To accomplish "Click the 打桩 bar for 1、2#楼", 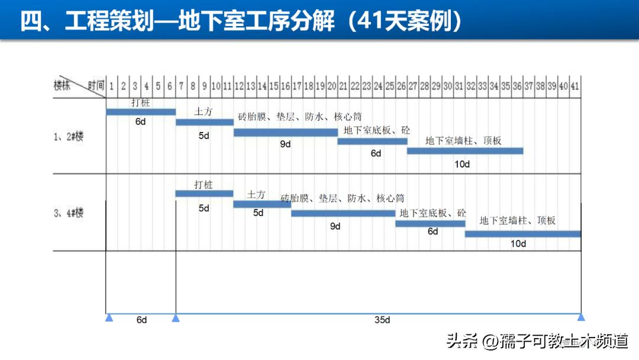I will point(141,112).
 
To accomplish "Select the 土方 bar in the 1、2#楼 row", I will point(205,123).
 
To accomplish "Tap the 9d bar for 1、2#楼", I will point(285,133).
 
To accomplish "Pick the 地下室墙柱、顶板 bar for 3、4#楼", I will point(523,234).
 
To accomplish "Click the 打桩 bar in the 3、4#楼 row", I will point(204,194).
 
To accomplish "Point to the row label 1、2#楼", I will point(69,136).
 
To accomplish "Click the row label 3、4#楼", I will point(69,213).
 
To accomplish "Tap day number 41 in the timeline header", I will point(575,86).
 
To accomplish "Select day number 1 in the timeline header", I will point(112,86).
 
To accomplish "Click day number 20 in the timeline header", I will point(332,86).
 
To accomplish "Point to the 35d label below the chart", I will point(382,320).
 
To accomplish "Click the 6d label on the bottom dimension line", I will point(141,320).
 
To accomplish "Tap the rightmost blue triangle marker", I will point(581,317).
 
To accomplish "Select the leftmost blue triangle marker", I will point(109,317).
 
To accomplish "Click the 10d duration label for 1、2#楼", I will point(462,164).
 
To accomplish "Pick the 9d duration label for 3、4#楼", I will point(335,226).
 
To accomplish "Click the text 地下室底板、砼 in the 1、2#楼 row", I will point(376,130).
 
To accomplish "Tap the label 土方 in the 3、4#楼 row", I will point(256,195).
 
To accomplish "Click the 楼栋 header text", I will point(62,85).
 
